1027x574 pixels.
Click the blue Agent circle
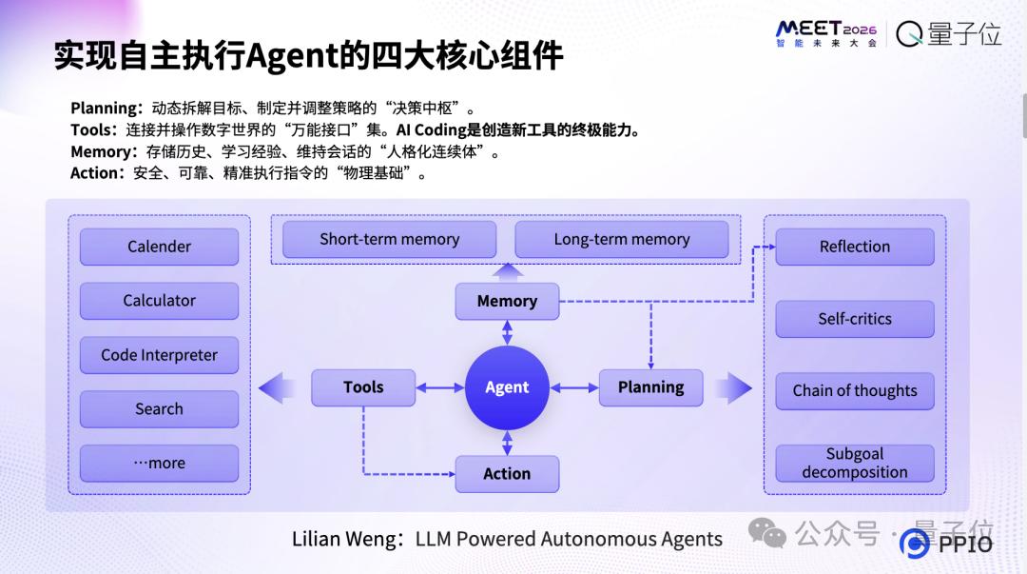tap(507, 387)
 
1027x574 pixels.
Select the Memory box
tap(507, 301)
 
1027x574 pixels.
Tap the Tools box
tap(363, 387)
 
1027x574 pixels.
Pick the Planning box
tap(650, 387)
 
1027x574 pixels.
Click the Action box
tap(507, 473)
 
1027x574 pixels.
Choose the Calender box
tap(159, 247)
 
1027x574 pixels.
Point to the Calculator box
tap(159, 301)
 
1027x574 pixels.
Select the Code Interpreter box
tap(159, 355)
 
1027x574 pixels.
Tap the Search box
tap(159, 409)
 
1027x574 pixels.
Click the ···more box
tap(159, 464)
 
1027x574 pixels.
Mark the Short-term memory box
tap(389, 240)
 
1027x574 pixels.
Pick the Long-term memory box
tap(621, 240)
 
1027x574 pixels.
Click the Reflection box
tap(854, 247)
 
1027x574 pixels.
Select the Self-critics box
tap(854, 319)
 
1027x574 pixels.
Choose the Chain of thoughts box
tap(854, 391)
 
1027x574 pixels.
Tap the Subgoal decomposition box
tap(854, 464)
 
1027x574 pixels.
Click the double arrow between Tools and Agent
tap(439, 387)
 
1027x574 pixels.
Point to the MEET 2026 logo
tap(825, 34)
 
